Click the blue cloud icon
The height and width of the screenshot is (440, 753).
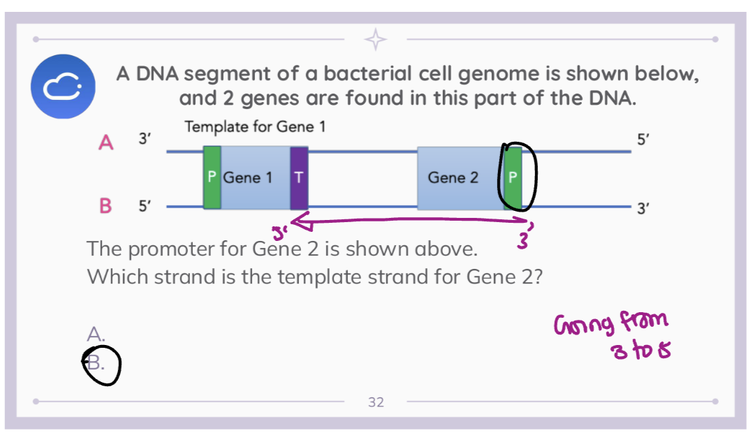62,86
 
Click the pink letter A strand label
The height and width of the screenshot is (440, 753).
106,142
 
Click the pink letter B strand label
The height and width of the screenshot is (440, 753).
106,206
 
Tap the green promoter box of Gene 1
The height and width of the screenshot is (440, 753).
212,177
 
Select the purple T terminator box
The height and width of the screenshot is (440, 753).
299,177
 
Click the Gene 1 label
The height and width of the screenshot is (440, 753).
248,177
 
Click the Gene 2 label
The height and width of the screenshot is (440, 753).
453,177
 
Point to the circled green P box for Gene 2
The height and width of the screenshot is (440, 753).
513,177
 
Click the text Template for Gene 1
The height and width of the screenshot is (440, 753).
255,127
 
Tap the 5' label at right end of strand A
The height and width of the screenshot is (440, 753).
643,139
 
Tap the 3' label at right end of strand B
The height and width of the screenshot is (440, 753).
643,209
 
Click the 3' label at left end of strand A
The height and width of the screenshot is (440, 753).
143,139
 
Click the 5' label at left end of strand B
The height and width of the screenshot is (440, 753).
144,206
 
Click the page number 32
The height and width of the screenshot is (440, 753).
376,402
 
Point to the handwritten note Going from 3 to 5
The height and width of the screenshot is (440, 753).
611,335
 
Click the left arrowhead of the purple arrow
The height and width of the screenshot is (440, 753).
295,223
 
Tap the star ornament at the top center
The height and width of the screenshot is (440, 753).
376,39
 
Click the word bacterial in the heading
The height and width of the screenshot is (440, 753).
368,74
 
